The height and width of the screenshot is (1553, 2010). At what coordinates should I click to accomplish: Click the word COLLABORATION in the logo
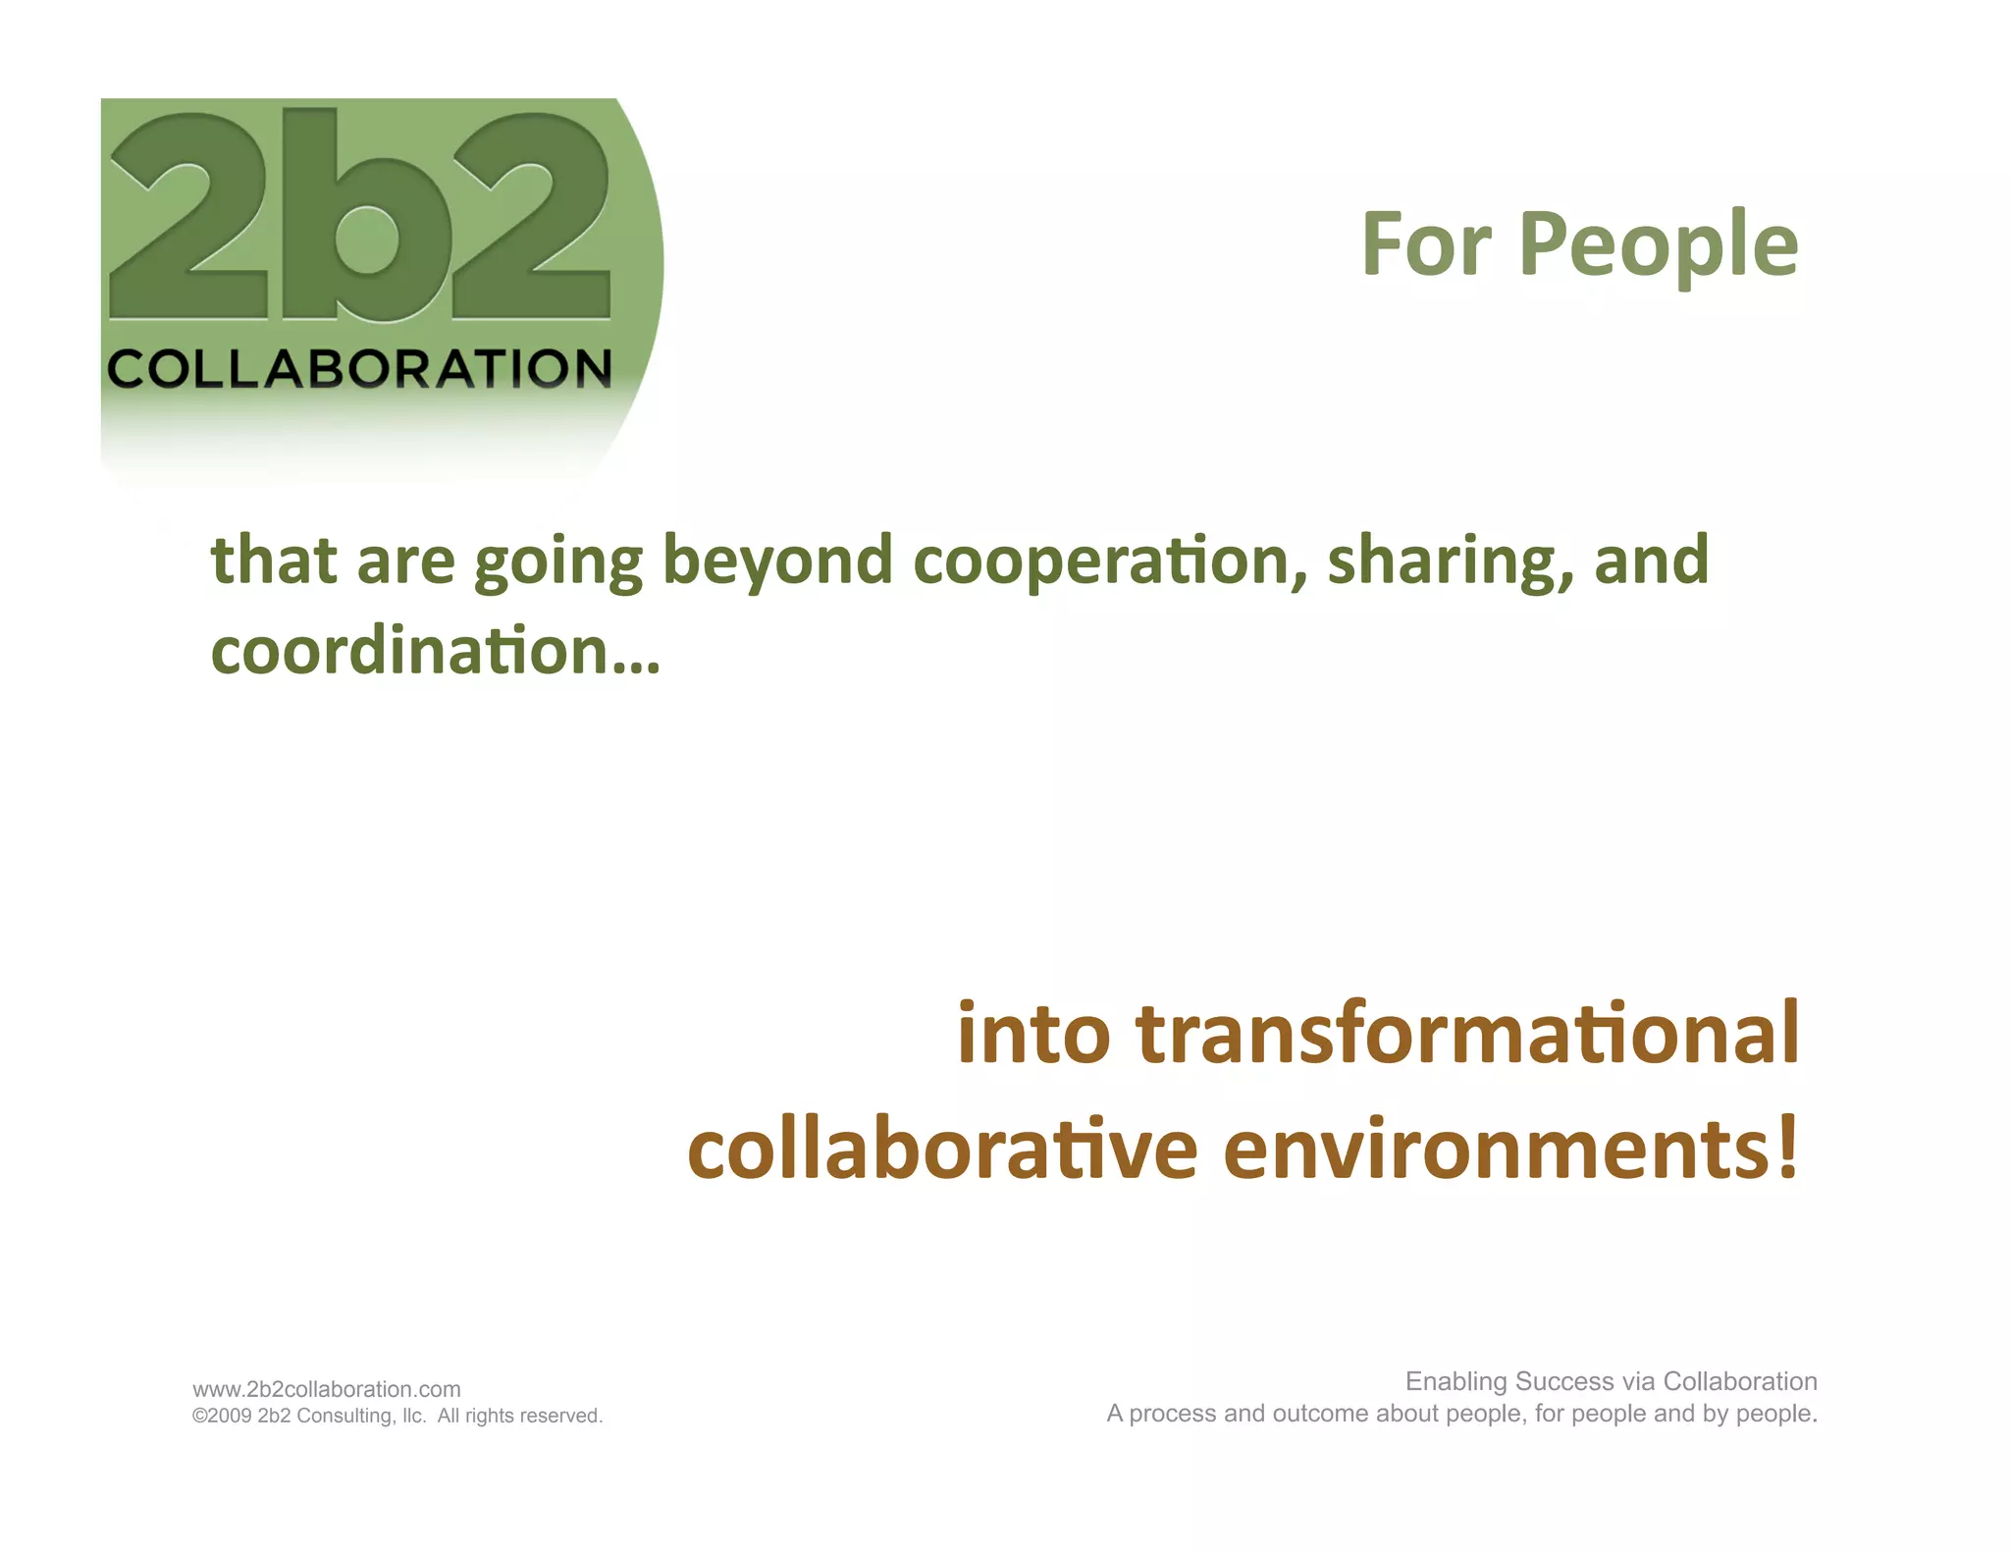359,369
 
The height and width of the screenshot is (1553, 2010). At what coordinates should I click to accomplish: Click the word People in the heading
1658,245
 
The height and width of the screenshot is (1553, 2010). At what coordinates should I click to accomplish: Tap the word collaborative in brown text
942,1150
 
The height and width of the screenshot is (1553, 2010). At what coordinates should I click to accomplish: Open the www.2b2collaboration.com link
326,1389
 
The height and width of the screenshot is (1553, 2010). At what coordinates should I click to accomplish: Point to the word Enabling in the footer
1455,1382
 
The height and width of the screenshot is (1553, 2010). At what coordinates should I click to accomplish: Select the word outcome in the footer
1321,1414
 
